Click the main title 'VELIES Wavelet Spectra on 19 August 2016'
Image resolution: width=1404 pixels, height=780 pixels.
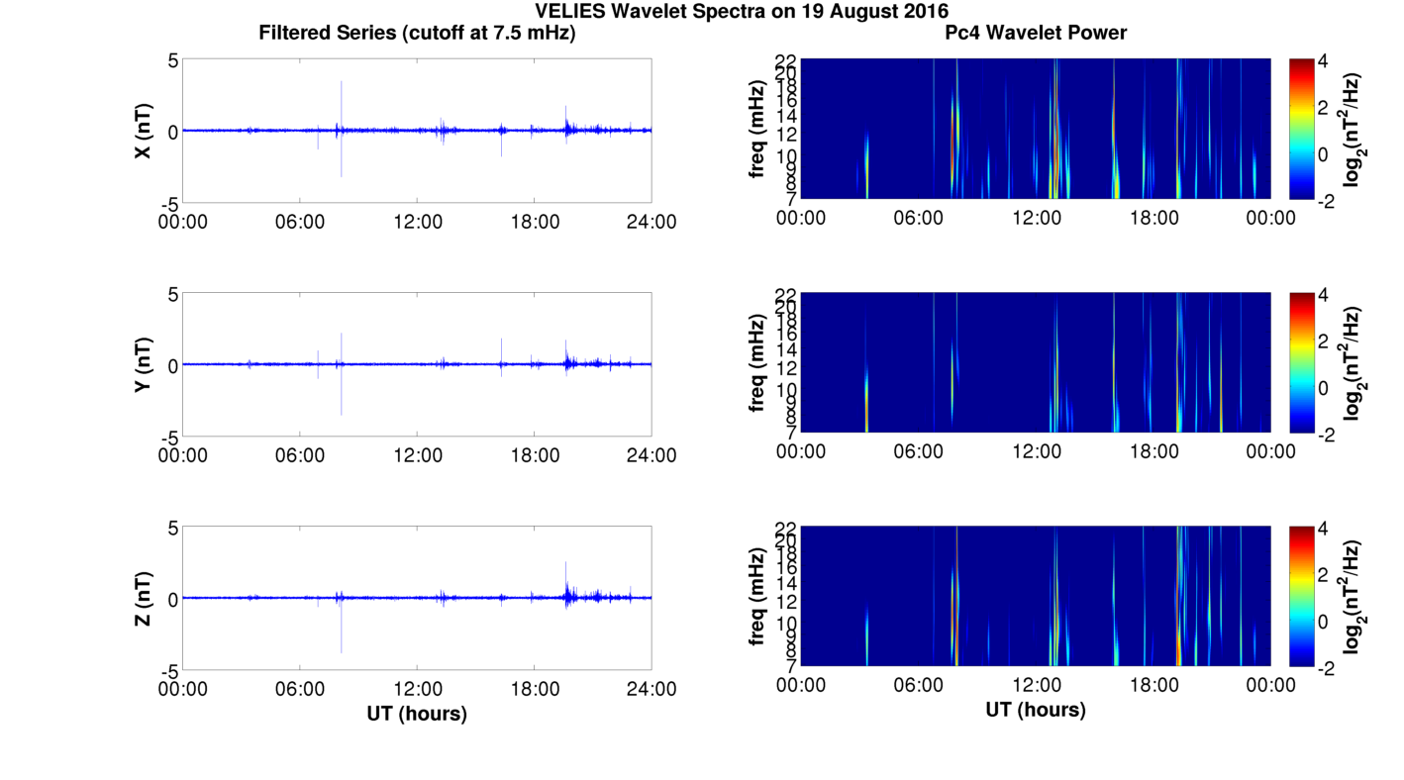coord(742,12)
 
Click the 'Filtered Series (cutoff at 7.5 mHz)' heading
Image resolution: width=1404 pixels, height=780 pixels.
coord(417,33)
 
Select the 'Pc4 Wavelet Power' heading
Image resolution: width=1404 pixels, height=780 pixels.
coord(1036,33)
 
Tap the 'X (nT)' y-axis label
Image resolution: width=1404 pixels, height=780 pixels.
coord(144,131)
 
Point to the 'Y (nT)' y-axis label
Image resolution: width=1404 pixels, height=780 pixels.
coord(144,364)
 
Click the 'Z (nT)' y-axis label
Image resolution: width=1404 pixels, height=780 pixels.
coord(144,598)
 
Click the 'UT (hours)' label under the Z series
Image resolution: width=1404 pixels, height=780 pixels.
coord(417,713)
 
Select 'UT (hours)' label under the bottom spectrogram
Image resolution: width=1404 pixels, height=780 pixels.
coord(1036,710)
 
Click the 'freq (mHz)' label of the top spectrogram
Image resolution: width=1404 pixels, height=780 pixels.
coord(757,129)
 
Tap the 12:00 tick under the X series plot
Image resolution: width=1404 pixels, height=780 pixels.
coord(417,222)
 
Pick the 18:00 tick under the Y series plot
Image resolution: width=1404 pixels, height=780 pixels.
coord(535,455)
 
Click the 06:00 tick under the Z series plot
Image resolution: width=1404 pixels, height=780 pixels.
coord(300,689)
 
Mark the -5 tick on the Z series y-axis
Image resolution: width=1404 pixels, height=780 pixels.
coord(168,670)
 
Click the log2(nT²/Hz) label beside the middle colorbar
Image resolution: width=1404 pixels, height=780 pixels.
coord(1354,363)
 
